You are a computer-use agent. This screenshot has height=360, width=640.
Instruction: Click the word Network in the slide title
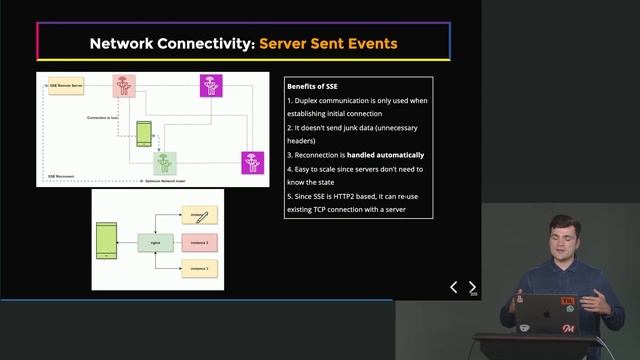(x=123, y=43)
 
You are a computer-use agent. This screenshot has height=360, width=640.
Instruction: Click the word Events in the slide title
(x=369, y=43)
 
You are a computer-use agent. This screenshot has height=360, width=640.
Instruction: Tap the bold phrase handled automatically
(x=385, y=155)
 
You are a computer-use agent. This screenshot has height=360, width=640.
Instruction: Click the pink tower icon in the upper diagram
(x=124, y=86)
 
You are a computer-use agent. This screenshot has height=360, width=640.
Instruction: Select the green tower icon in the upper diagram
(x=163, y=162)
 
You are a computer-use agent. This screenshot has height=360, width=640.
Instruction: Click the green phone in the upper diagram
(x=144, y=132)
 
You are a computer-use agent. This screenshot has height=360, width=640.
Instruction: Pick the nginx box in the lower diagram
(x=156, y=242)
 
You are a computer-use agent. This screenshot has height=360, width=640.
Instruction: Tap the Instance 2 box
(x=200, y=242)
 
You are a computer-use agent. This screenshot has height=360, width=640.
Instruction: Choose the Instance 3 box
(x=200, y=268)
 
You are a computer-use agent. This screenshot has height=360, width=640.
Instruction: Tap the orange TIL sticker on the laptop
(x=566, y=299)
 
